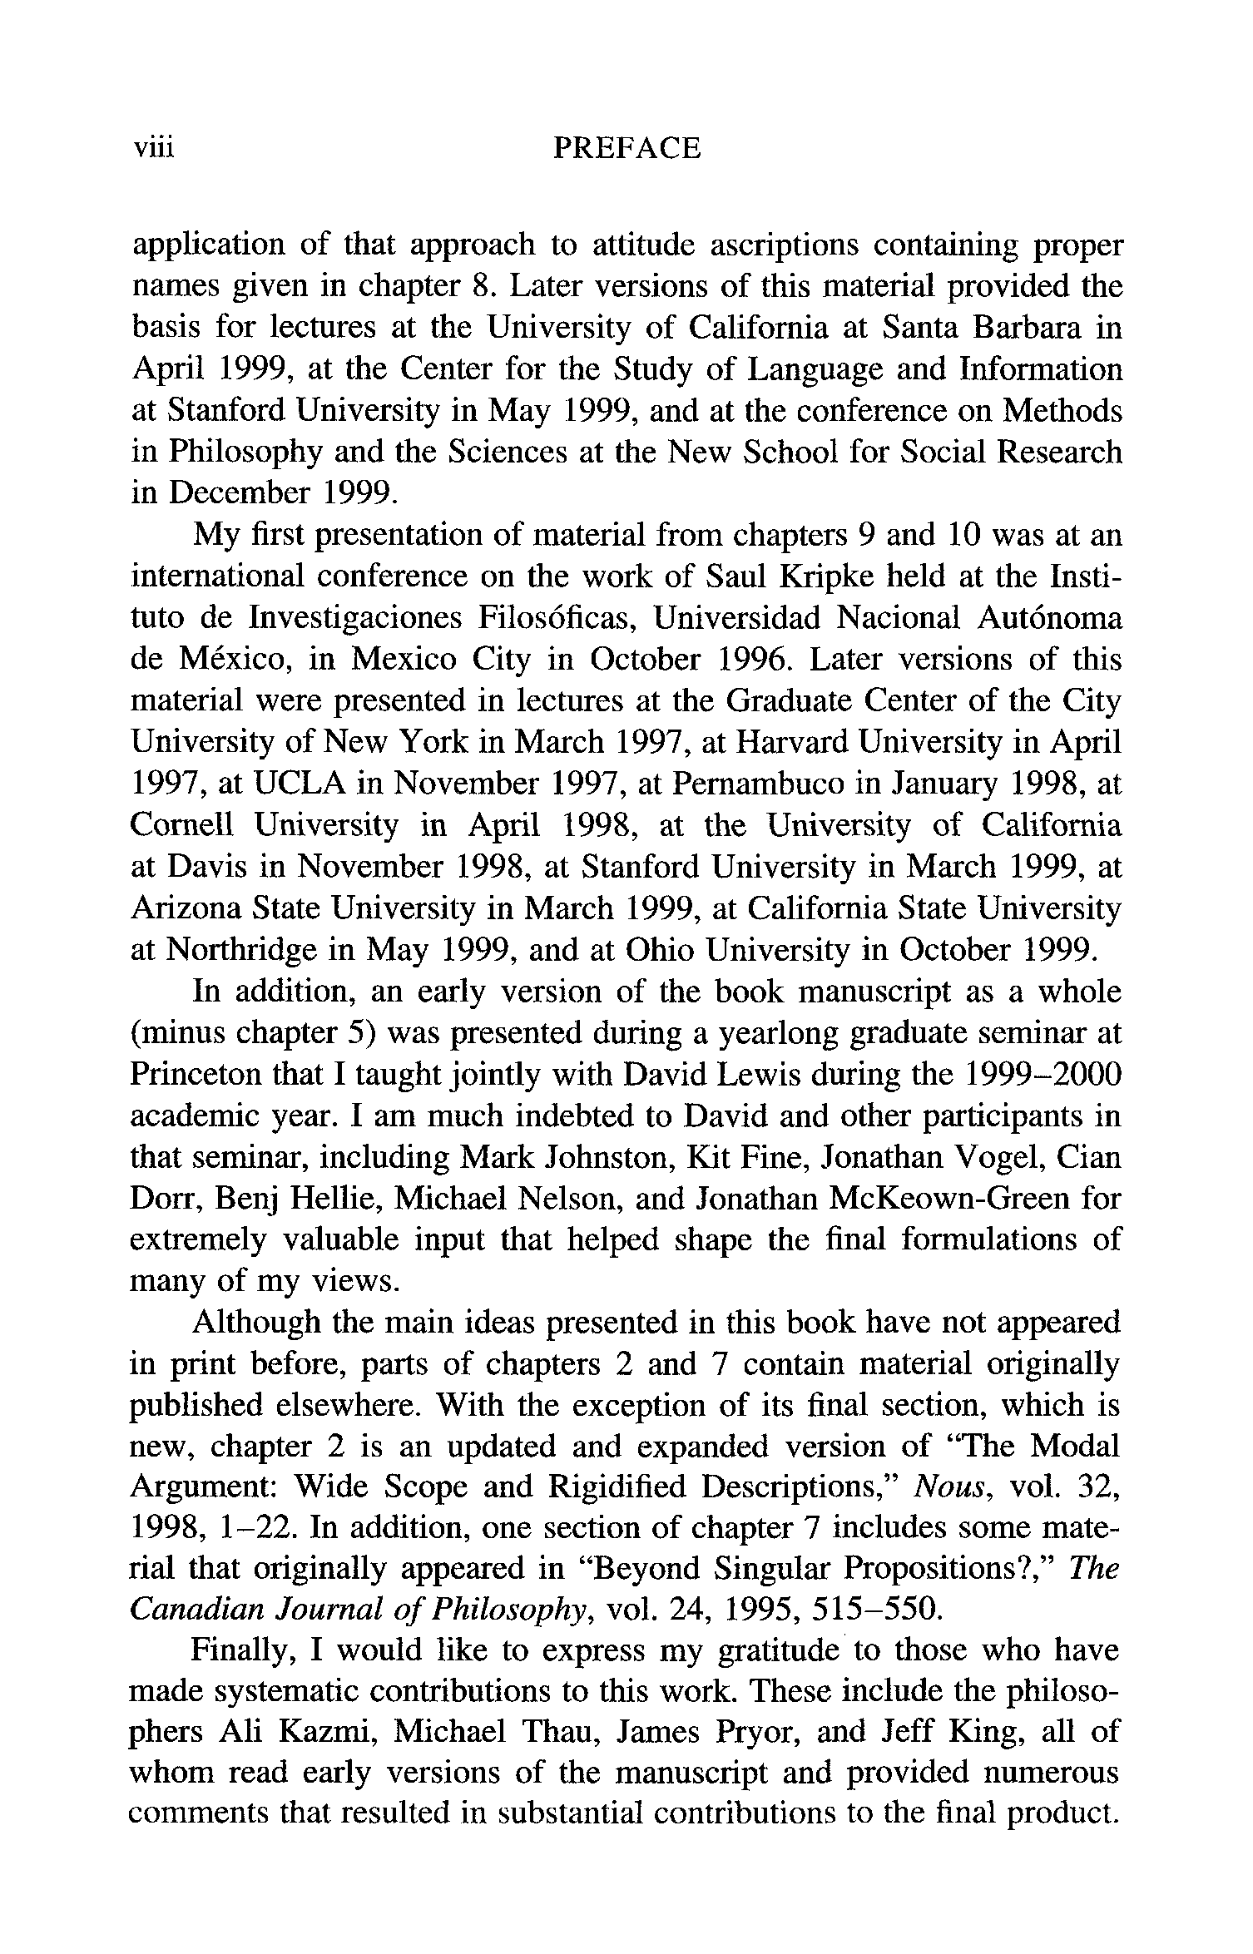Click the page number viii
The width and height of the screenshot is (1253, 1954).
click(153, 149)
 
